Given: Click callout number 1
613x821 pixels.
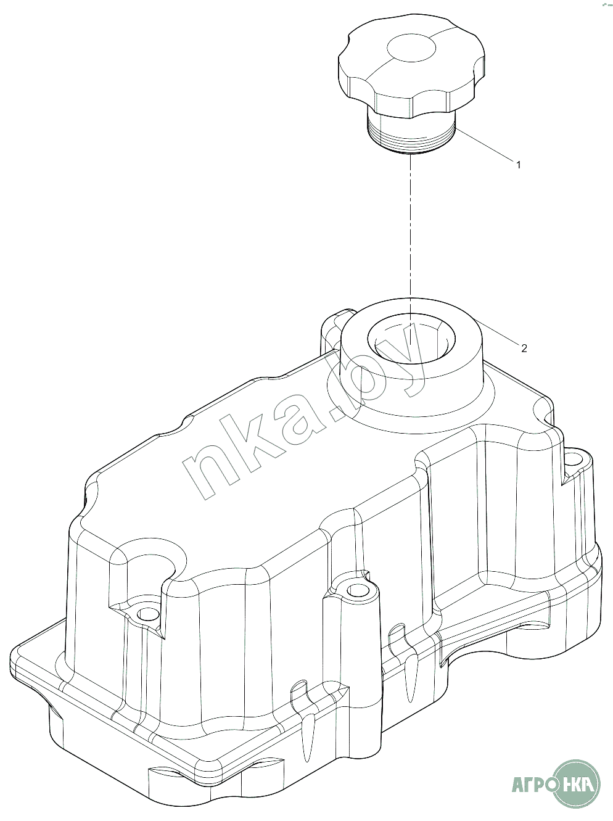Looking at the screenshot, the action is (x=519, y=165).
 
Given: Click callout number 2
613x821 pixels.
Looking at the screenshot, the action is (x=524, y=349).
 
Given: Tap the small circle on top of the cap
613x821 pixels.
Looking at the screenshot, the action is (x=411, y=48).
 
